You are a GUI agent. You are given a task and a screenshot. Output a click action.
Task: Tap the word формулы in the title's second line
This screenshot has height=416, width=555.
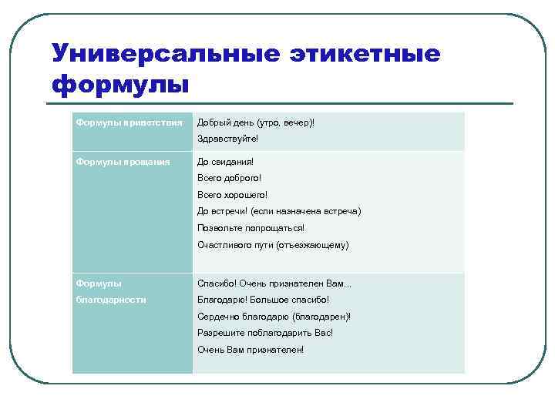pos(119,82)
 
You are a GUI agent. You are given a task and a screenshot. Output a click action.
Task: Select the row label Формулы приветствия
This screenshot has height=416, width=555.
pos(129,122)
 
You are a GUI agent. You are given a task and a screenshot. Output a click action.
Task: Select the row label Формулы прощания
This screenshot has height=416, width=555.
pos(123,162)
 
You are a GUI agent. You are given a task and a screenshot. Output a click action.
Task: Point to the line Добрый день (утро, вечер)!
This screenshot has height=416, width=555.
pos(256,122)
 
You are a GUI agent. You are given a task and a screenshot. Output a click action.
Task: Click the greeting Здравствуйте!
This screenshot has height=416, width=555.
pos(228,139)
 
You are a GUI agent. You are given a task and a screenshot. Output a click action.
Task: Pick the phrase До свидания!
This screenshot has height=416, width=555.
pos(225,162)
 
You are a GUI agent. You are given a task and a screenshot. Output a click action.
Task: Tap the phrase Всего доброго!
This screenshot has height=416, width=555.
pos(230,178)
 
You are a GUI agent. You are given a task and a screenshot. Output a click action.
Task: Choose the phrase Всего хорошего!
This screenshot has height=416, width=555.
pos(233,195)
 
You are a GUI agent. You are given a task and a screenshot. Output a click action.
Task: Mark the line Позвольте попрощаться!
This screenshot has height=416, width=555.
pos(251,228)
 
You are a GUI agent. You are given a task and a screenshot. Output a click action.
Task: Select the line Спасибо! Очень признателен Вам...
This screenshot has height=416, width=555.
pos(274,283)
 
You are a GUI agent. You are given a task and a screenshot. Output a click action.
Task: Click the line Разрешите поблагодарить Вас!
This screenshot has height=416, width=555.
pos(265,333)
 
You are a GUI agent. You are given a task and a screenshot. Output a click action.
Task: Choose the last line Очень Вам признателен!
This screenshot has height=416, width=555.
pos(251,350)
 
